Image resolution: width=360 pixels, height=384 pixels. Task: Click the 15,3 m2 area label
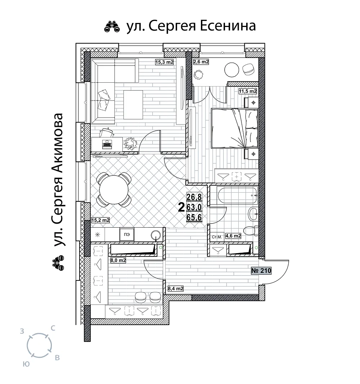pos(164,62)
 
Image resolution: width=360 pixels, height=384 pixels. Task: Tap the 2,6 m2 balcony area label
pos(201,62)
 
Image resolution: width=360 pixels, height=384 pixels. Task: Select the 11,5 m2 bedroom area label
pos(248,91)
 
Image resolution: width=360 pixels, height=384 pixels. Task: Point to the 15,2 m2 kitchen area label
pos(100,220)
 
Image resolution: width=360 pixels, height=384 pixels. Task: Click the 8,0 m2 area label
pos(118,260)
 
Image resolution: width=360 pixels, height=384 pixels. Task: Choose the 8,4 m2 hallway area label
pos(176,289)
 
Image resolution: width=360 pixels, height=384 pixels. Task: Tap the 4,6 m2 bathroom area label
pos(233,236)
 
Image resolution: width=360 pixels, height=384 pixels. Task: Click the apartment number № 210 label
pos(261,271)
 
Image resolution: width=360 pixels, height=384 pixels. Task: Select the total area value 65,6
pos(194,217)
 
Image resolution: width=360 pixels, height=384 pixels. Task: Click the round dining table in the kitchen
pos(114,189)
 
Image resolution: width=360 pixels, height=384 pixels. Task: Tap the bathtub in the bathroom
pos(237,195)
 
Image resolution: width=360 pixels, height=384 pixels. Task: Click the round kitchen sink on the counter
pos(156,235)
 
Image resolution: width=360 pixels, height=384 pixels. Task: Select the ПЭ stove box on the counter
pos(127,235)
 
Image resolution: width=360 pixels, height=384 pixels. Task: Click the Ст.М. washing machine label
pos(217,237)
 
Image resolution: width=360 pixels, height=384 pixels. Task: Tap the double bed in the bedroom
pos(235,129)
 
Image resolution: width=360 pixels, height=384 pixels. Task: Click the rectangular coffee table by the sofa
pos(133,105)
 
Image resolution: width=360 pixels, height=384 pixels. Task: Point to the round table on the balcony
pos(231,70)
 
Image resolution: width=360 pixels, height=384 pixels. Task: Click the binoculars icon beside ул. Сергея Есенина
pos(112,27)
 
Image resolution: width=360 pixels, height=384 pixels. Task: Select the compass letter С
pos(53,328)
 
